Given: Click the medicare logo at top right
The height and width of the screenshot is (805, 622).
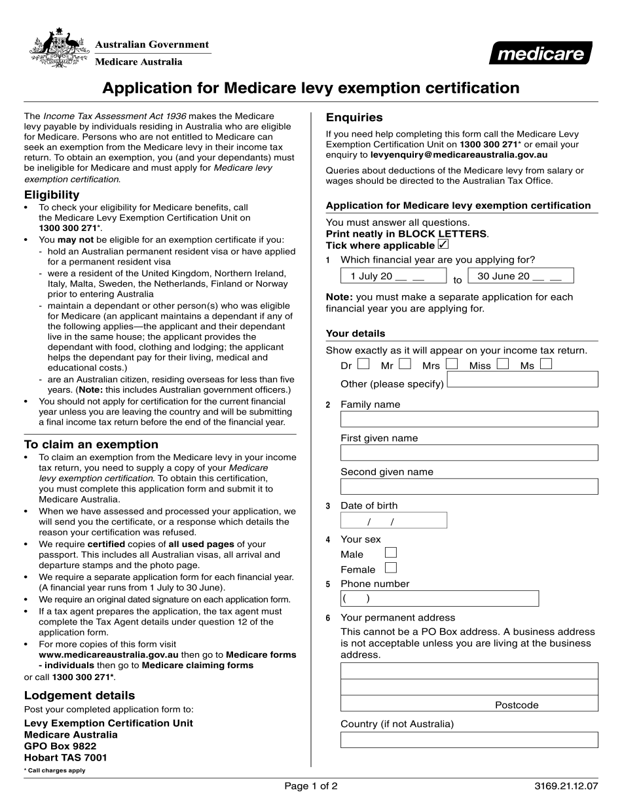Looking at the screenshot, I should click(540, 53).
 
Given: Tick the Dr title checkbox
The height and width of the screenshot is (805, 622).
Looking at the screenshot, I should click(363, 364).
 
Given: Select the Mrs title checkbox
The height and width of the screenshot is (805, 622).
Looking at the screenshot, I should click(451, 364).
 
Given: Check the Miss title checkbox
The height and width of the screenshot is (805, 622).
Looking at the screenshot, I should click(503, 364).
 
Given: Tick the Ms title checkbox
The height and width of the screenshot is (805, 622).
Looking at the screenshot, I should click(546, 364).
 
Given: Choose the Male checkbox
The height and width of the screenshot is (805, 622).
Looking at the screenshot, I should click(391, 553).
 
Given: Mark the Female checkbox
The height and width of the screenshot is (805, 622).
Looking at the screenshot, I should click(391, 568).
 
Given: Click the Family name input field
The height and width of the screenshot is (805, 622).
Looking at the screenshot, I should click(469, 419).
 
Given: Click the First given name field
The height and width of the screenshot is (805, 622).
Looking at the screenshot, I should click(469, 453).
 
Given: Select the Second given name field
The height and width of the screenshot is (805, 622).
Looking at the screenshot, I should click(469, 486).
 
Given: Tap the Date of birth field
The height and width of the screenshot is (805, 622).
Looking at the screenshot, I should click(393, 520).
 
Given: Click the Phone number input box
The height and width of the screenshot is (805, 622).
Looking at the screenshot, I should click(439, 598).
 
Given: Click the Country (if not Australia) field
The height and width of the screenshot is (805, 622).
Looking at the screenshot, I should click(469, 740).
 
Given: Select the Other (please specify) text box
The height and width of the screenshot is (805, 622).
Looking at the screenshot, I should click(522, 380).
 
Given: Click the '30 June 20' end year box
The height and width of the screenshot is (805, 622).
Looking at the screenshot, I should click(521, 276).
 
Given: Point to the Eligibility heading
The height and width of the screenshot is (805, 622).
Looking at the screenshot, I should click(52, 194).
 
